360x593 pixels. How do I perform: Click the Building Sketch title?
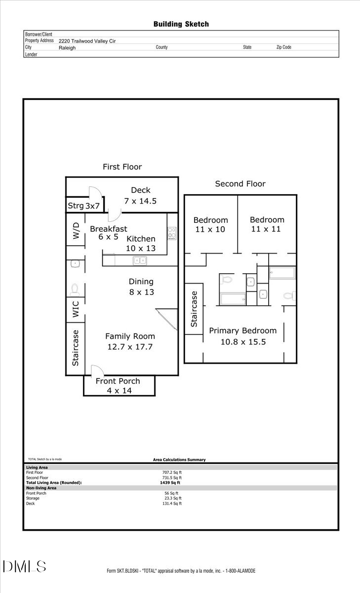click(181, 24)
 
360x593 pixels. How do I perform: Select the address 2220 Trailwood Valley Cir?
click(87, 42)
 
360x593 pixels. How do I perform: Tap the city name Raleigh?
click(67, 48)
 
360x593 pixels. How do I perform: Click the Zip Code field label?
click(283, 47)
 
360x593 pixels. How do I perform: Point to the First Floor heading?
click(122, 167)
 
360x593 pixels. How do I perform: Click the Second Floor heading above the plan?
click(240, 184)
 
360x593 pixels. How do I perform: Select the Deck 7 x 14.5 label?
click(141, 196)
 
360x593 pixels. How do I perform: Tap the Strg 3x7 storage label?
click(84, 206)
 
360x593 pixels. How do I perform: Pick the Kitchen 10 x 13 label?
click(141, 244)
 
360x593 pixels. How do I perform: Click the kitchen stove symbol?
click(172, 232)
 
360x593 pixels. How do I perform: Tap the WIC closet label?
click(76, 310)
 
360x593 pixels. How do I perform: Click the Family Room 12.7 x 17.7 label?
click(130, 341)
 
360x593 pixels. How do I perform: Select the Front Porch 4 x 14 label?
click(118, 386)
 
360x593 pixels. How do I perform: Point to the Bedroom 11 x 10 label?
click(210, 225)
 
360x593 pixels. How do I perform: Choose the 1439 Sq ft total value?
click(172, 483)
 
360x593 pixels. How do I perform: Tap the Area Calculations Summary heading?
click(179, 460)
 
